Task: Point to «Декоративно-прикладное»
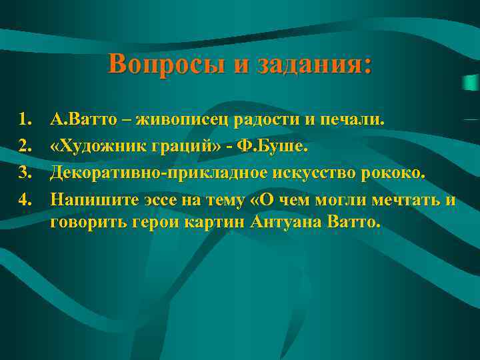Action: point(157,173)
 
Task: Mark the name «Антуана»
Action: point(285,222)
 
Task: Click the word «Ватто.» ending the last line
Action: point(355,222)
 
